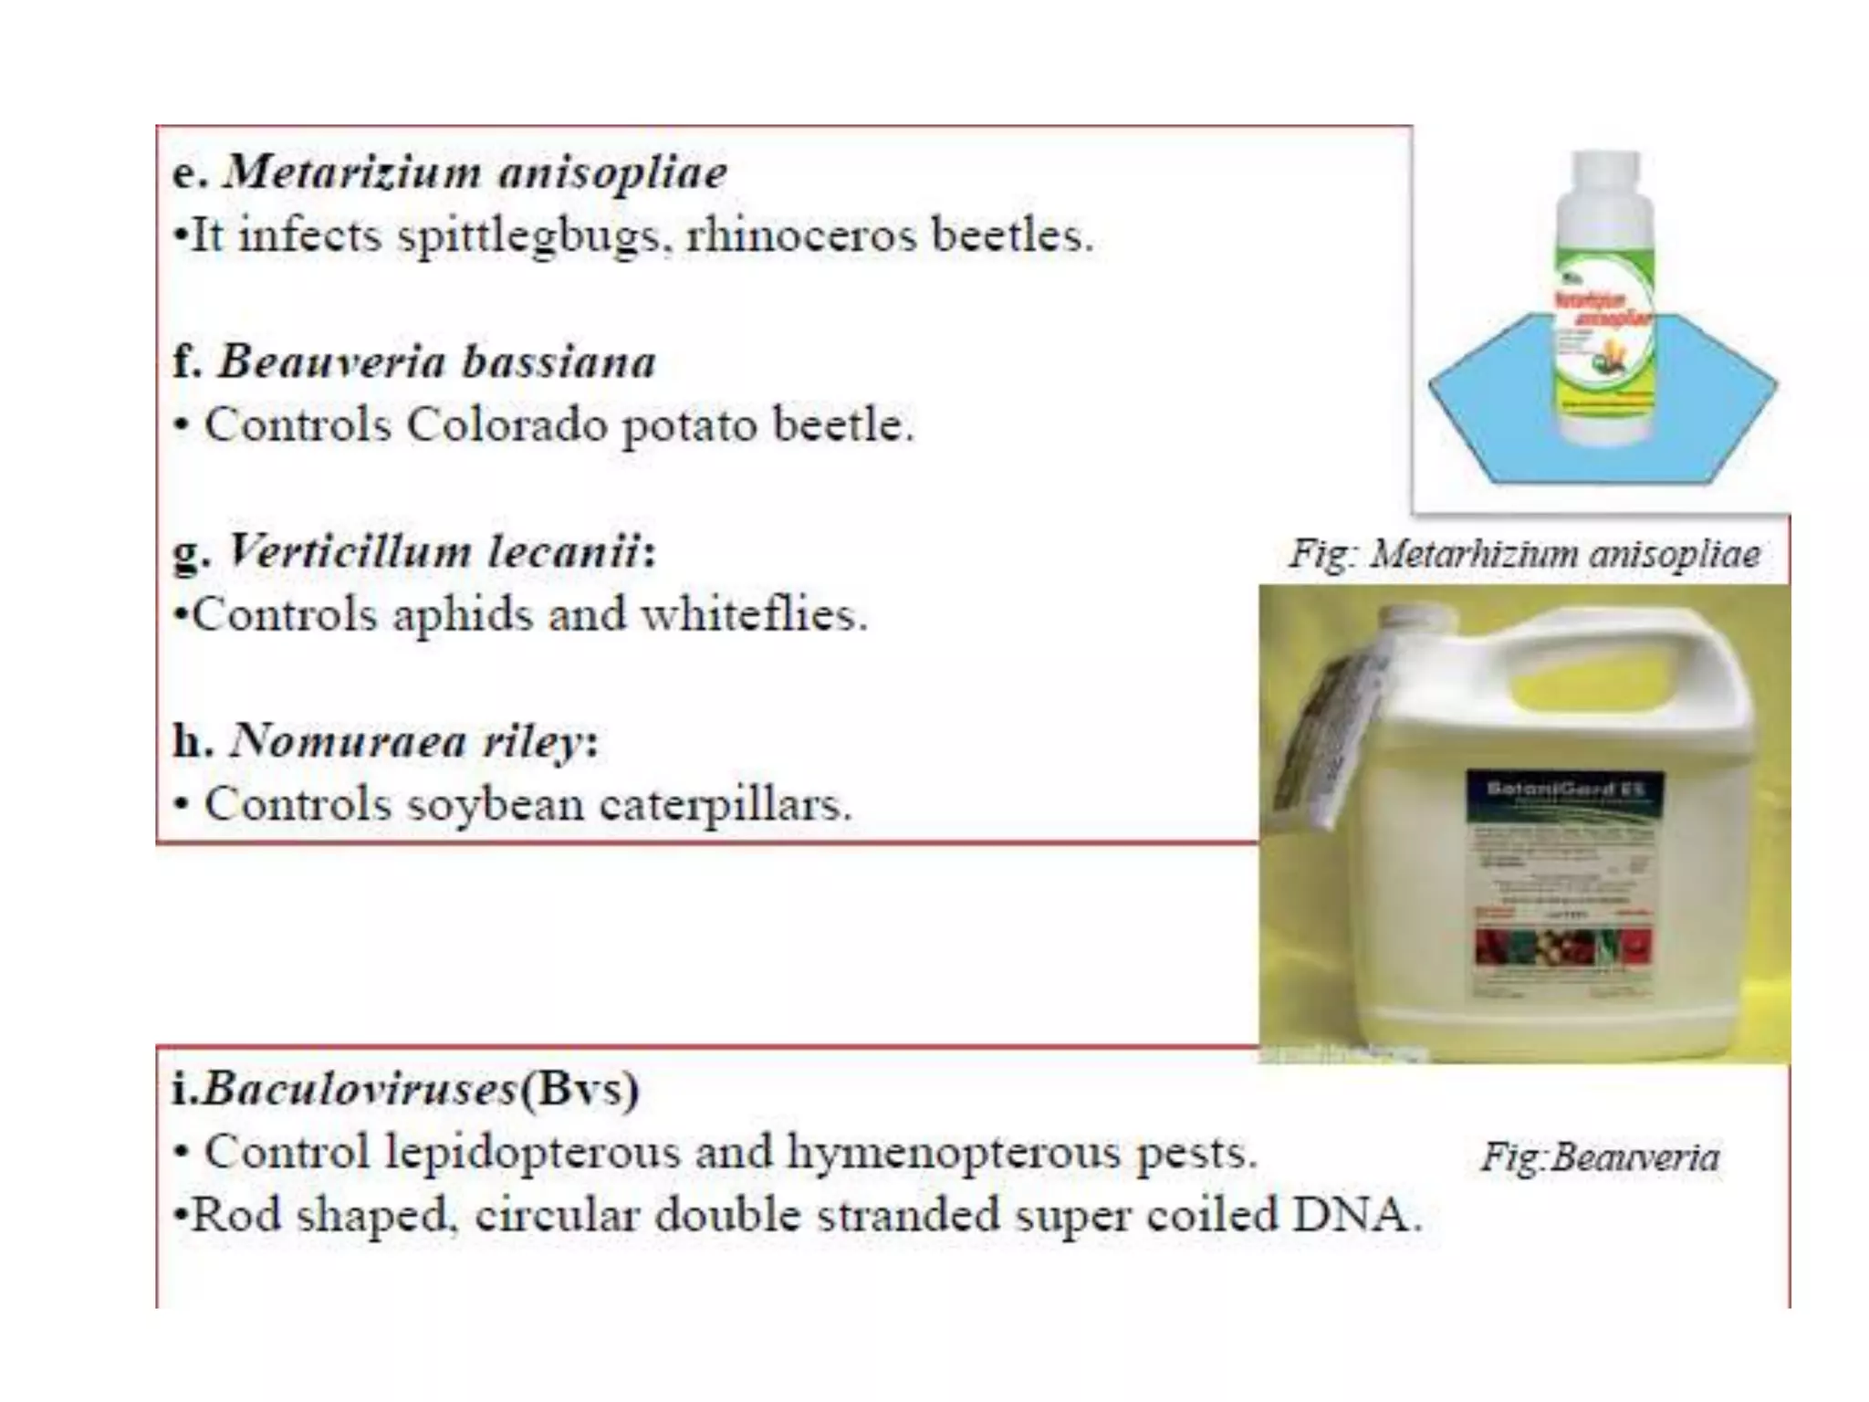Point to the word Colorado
(506, 424)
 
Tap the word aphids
(463, 614)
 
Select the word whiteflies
(754, 614)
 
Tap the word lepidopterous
(532, 1152)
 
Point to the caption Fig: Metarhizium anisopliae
(1524, 554)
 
